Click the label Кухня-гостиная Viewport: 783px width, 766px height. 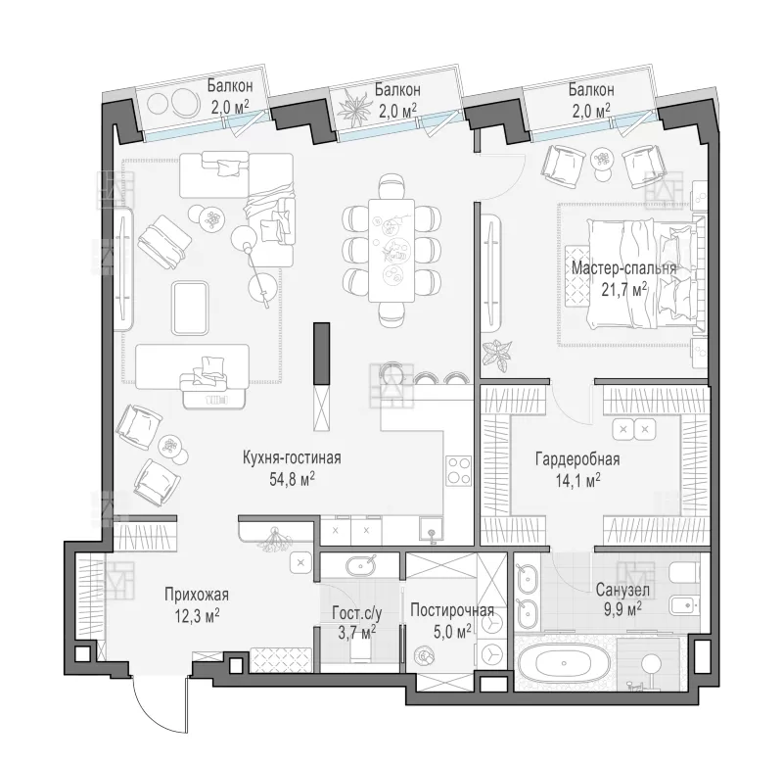pos(292,457)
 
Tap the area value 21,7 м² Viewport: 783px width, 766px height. pos(624,289)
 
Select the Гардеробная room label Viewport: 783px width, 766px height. pos(577,458)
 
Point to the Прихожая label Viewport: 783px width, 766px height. pos(197,595)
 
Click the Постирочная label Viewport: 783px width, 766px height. pos(452,610)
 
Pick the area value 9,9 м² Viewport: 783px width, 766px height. pos(622,610)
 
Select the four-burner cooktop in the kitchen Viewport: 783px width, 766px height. pos(458,470)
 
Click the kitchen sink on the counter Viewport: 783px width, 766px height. pos(431,531)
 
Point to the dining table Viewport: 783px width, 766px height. pos(391,251)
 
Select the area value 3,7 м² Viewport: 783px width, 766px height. pos(357,634)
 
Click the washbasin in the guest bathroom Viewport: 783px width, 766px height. pos(360,565)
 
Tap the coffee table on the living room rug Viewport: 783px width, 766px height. pos(190,308)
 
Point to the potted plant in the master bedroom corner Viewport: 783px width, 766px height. pos(497,355)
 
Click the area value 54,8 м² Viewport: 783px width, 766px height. pos(292,479)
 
